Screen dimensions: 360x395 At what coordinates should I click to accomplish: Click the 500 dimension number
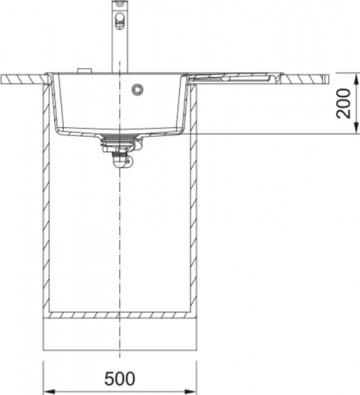(120, 378)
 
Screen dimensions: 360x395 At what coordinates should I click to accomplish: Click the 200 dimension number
(344, 103)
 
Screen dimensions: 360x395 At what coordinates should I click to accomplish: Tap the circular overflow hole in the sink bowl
(138, 89)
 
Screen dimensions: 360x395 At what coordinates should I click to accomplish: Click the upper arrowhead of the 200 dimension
(356, 79)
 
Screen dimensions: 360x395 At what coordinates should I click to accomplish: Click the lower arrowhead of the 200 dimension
(356, 128)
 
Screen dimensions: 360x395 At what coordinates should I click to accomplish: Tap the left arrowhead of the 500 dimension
(49, 392)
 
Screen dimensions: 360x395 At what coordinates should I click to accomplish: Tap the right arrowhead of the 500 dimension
(190, 392)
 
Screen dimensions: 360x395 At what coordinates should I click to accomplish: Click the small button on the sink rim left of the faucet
(85, 71)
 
